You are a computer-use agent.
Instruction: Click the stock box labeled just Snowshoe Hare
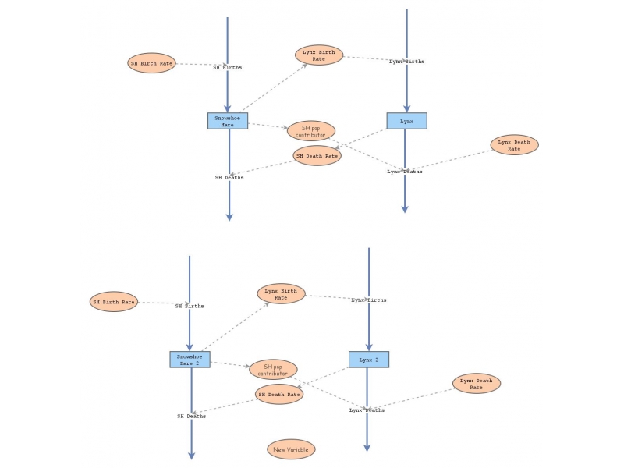tap(228, 121)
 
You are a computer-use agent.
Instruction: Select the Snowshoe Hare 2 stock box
tap(190, 360)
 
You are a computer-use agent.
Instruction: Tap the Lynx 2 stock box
tap(368, 360)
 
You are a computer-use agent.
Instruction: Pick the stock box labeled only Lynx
tap(406, 121)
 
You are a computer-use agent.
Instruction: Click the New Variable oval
tap(291, 449)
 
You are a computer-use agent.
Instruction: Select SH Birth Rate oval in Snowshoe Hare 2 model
tap(114, 302)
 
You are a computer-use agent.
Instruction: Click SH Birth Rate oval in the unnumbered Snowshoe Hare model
tap(151, 63)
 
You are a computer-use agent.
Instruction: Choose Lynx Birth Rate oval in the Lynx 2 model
tap(281, 294)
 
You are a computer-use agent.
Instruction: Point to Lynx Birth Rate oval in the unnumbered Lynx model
tap(319, 55)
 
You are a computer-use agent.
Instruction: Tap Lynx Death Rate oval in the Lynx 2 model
tap(477, 384)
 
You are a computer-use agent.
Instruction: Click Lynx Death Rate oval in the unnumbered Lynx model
tap(514, 145)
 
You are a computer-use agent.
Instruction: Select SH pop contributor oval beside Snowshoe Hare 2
tap(273, 370)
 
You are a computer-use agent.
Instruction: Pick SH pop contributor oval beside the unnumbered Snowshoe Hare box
tap(311, 131)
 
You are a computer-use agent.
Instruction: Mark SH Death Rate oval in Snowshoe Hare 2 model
tap(279, 395)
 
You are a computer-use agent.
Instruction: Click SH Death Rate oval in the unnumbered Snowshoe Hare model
tap(317, 156)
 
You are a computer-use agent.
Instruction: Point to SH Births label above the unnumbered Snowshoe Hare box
tap(228, 68)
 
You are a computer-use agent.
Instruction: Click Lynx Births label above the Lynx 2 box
tap(368, 300)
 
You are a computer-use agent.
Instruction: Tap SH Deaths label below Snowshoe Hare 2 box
tap(191, 417)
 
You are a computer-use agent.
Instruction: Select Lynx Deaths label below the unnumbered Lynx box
tap(405, 172)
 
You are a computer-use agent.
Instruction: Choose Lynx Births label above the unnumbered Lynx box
tap(406, 61)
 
